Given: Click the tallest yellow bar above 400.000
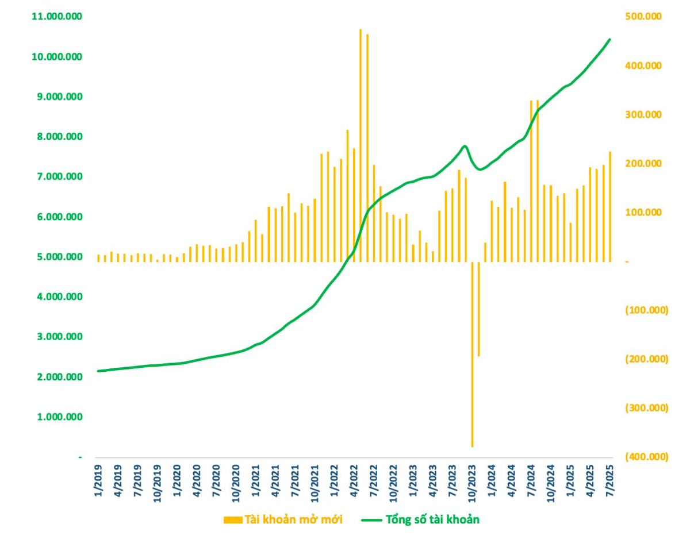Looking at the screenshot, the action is pyautogui.click(x=361, y=145).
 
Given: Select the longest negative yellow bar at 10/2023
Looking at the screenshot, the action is pyautogui.click(x=472, y=355).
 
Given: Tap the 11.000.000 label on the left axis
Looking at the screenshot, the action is pyautogui.click(x=57, y=16).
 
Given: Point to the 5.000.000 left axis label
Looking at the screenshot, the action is pyautogui.click(x=60, y=257).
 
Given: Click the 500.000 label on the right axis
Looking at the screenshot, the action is pyautogui.click(x=643, y=16).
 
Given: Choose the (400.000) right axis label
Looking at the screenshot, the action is pyautogui.click(x=647, y=456).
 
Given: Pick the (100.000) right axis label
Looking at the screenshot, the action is pyautogui.click(x=647, y=310).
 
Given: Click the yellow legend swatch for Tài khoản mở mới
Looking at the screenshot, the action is pyautogui.click(x=233, y=520).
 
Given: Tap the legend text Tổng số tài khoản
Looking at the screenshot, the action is pyautogui.click(x=433, y=519).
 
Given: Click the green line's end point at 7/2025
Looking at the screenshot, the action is pyautogui.click(x=609, y=39).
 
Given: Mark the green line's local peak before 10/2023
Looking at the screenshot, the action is pyautogui.click(x=465, y=146).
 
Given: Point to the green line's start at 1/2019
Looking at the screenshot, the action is pyautogui.click(x=98, y=371).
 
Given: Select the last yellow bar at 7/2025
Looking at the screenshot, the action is pyautogui.click(x=609, y=207).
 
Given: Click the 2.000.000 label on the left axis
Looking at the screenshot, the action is pyautogui.click(x=60, y=377).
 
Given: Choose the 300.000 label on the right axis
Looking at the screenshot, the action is pyautogui.click(x=643, y=114).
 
